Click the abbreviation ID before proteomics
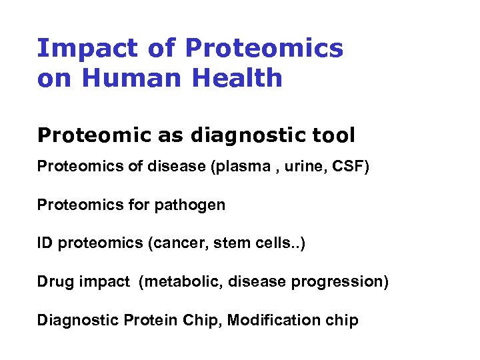[x=45, y=243]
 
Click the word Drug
[x=53, y=282]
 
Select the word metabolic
[x=182, y=282]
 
